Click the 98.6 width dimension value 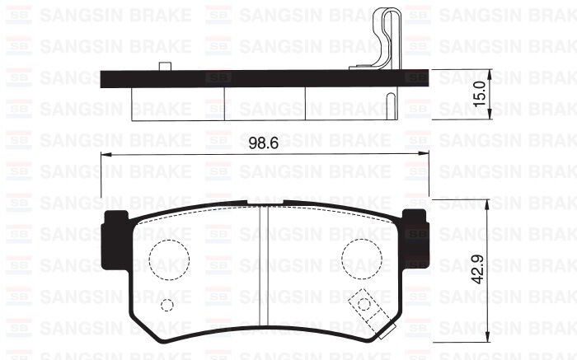264,143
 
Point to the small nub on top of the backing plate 163,66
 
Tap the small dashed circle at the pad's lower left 167,305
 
